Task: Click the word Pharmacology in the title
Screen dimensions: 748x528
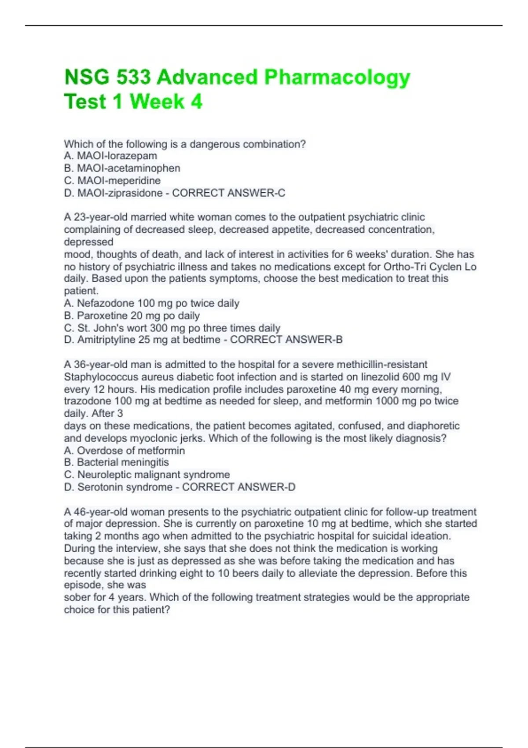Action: coord(337,78)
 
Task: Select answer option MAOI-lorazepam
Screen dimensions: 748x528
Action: coord(117,156)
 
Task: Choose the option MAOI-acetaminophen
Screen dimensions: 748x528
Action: coord(128,168)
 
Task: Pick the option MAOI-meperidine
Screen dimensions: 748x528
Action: coord(119,180)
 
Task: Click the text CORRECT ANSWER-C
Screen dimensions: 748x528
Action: coord(228,193)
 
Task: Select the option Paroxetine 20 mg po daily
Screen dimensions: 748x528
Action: coord(138,315)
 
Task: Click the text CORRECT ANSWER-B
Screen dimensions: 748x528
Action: coord(286,340)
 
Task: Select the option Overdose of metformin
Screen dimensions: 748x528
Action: coord(131,451)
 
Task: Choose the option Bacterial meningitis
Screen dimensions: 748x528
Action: coord(123,462)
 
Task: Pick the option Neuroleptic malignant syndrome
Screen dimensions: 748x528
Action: coord(153,475)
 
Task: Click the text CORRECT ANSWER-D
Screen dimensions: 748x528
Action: coord(238,487)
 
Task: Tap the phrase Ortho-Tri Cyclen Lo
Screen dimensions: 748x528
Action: coord(430,267)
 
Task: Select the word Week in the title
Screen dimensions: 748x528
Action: coord(157,102)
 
